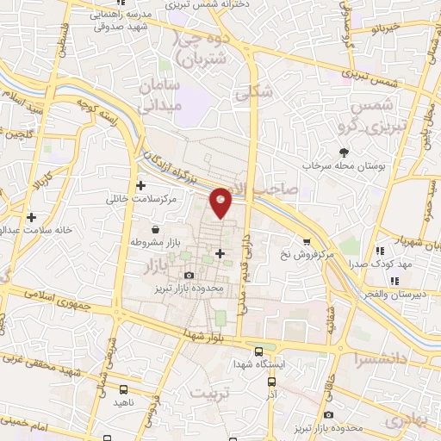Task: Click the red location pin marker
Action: click(x=221, y=203)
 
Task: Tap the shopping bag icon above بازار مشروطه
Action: click(x=154, y=230)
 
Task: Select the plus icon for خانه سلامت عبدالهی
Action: click(x=32, y=217)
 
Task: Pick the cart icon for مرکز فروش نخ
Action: click(x=306, y=242)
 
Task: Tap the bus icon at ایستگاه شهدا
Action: click(x=259, y=351)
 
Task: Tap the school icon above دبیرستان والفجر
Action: click(x=393, y=281)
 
